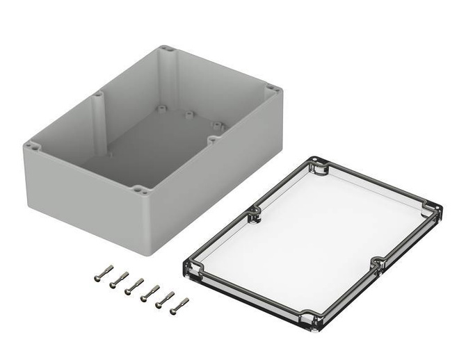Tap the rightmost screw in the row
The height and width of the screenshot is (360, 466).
pos(179,305)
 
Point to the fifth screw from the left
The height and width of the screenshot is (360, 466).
pos(165,299)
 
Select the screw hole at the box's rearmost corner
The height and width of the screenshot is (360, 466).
pos(166,49)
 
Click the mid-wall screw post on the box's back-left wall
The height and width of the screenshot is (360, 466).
pos(98,94)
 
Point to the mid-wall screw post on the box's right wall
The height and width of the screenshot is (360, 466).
pos(211,138)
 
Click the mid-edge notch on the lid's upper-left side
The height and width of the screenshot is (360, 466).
pos(255,211)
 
